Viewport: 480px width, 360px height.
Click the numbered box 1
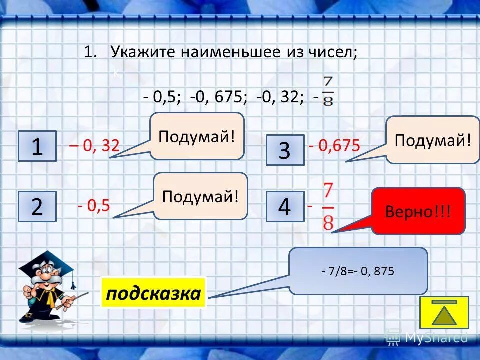tap(37, 146)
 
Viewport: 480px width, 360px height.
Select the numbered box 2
tap(37, 206)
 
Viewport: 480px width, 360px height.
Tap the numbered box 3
tap(284, 150)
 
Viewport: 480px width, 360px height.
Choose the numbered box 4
tap(284, 206)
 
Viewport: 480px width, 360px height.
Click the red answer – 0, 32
tap(94, 146)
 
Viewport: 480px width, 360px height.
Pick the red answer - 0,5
tap(93, 206)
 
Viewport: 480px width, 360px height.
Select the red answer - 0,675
tap(334, 146)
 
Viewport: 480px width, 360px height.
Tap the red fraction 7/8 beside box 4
tap(328, 206)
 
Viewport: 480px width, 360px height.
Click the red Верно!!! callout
tap(418, 211)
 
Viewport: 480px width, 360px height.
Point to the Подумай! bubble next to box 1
tap(197, 136)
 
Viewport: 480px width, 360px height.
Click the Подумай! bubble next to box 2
tap(200, 196)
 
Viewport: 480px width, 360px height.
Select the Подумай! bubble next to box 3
tap(433, 140)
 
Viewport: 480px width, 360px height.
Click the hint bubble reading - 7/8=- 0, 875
tap(358, 271)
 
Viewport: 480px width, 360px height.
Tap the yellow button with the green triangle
tap(444, 312)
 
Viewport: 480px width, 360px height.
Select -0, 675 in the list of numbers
tap(218, 97)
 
